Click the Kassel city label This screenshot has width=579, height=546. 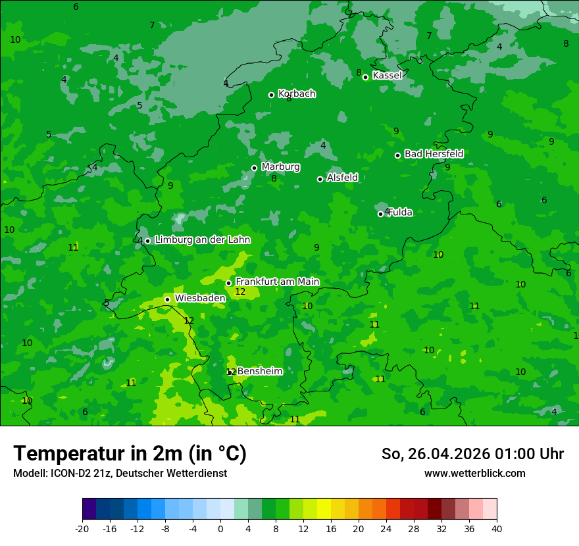coord(387,76)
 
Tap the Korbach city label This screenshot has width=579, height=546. coord(297,93)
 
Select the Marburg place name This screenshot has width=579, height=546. coord(280,167)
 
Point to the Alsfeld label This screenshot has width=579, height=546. coord(342,178)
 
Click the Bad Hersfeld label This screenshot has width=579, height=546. coord(434,154)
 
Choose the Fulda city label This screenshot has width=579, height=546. coord(400,212)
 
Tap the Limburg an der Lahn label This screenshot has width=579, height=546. coord(202,240)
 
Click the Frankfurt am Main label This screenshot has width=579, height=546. coord(277,282)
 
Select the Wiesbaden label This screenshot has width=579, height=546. coord(200,298)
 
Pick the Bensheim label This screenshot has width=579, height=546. coord(260,371)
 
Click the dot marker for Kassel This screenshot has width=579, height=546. coord(366,77)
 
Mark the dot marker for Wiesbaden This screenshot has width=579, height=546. coord(167,299)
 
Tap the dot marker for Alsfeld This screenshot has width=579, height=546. coord(320,179)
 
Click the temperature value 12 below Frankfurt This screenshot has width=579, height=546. coord(240,292)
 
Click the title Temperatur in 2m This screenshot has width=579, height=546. coord(130,453)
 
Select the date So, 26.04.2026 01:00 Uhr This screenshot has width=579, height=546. coord(472,454)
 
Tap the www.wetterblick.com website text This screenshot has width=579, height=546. coord(474,473)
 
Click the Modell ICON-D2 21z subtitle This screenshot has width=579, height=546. coord(120,473)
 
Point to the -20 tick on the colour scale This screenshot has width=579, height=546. coord(82,529)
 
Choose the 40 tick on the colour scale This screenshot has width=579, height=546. coord(497,529)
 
